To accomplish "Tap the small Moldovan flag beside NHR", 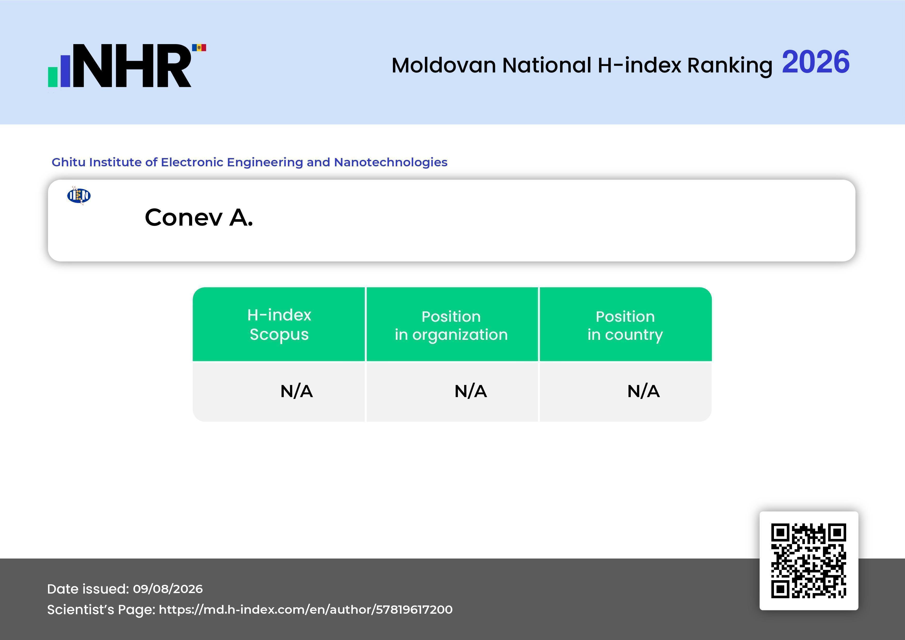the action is (x=199, y=48).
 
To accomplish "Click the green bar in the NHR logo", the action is (x=53, y=77).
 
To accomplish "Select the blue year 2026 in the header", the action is (x=815, y=62).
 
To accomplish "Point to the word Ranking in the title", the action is (x=730, y=66).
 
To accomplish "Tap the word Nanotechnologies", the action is (x=391, y=162).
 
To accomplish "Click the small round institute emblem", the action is (x=79, y=195).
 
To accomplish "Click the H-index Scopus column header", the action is (x=279, y=324).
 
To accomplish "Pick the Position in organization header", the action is (x=451, y=325).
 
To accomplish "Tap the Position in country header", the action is (x=625, y=325).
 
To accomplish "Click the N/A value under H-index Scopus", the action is (x=296, y=391).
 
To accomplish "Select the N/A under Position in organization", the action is (x=471, y=391).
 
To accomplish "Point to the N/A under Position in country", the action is (x=643, y=391).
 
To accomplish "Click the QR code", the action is (x=809, y=561).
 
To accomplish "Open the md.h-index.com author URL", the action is (x=305, y=610).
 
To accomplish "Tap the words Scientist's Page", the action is (x=101, y=610).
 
